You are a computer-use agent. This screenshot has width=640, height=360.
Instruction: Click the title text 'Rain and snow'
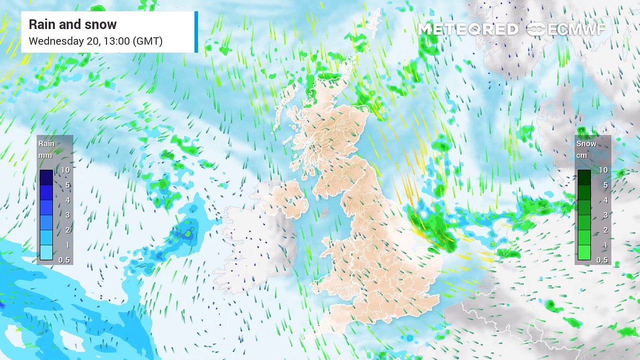[72, 24]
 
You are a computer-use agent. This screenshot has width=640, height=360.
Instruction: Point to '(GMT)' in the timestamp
[147, 41]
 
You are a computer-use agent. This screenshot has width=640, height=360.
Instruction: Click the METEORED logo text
[468, 29]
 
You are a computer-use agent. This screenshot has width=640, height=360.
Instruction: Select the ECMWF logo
[566, 29]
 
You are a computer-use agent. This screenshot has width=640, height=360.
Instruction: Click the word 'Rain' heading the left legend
[46, 144]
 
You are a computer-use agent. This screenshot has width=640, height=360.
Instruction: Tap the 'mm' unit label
[45, 155]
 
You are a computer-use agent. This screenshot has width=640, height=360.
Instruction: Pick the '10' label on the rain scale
[64, 170]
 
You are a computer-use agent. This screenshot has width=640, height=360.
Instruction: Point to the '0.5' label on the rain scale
[64, 260]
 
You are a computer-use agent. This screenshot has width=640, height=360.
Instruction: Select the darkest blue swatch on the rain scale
[46, 177]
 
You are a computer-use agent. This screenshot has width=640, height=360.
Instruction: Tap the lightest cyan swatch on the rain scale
[46, 252]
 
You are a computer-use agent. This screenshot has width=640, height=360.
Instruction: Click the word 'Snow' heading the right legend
[586, 144]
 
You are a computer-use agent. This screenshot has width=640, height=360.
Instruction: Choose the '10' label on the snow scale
[603, 170]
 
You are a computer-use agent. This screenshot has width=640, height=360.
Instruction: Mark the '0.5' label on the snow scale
[602, 260]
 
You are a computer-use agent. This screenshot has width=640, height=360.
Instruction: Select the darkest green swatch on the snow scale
[584, 177]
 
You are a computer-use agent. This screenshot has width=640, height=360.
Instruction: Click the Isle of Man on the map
[325, 212]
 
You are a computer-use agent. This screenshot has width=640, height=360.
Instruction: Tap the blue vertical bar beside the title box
[196, 31]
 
